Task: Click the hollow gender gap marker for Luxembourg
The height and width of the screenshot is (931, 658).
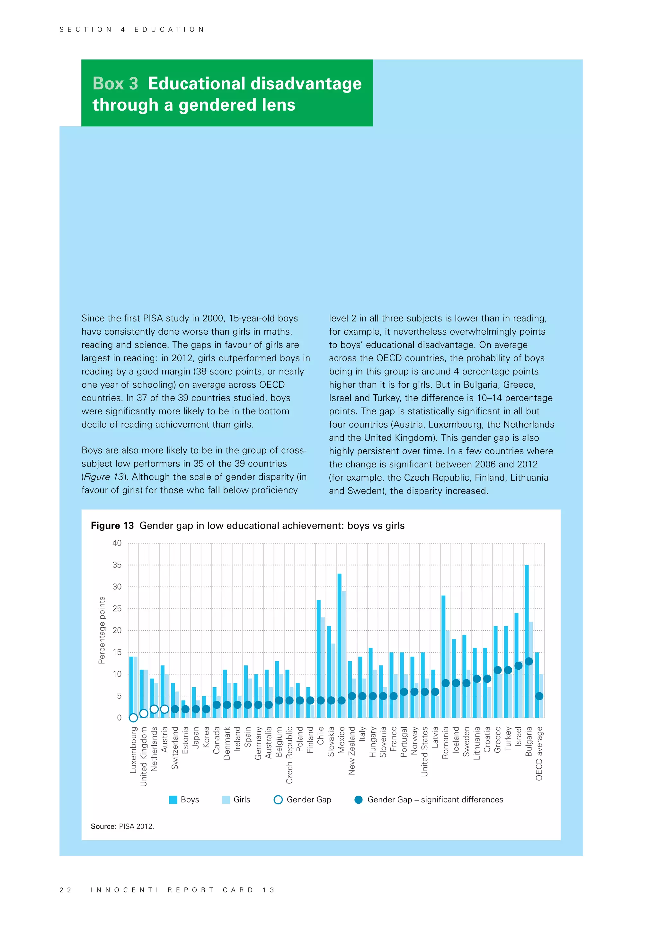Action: [133, 718]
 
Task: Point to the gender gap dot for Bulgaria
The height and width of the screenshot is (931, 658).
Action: [529, 661]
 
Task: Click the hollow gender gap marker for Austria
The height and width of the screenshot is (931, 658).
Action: [164, 709]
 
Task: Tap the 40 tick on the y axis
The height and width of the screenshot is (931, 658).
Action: [117, 543]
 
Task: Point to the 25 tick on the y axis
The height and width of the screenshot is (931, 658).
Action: [117, 609]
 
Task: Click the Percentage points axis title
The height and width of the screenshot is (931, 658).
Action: [102, 630]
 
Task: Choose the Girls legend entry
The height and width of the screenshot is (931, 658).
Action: [236, 800]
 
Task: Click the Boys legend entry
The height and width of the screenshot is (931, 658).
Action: [184, 800]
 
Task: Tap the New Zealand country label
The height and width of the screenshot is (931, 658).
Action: [352, 751]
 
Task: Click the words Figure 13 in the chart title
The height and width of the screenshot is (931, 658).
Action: [112, 526]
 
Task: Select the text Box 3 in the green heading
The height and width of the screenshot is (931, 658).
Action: [115, 84]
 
